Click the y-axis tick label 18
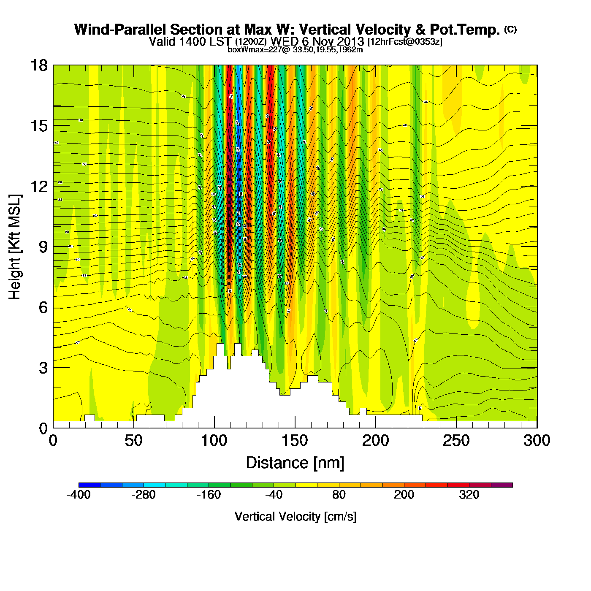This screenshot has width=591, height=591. [38, 66]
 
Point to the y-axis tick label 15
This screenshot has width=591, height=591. [38, 126]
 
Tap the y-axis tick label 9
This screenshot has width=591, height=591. [43, 247]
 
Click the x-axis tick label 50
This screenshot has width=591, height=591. [133, 441]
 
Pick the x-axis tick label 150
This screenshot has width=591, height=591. [295, 441]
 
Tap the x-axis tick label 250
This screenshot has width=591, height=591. [456, 441]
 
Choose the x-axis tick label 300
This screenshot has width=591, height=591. [537, 441]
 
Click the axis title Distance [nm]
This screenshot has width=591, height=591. [295, 463]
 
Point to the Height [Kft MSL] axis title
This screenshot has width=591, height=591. [15, 247]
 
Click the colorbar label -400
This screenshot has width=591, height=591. [79, 495]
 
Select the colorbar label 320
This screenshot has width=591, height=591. [469, 495]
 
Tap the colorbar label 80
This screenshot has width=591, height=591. [339, 495]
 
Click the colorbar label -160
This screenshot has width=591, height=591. [209, 495]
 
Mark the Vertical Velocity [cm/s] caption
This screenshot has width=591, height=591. [295, 517]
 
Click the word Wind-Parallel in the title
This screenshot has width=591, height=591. [120, 30]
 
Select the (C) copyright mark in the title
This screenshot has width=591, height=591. [510, 29]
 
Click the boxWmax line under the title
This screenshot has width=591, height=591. [295, 49]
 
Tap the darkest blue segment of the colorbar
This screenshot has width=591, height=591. [89, 485]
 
